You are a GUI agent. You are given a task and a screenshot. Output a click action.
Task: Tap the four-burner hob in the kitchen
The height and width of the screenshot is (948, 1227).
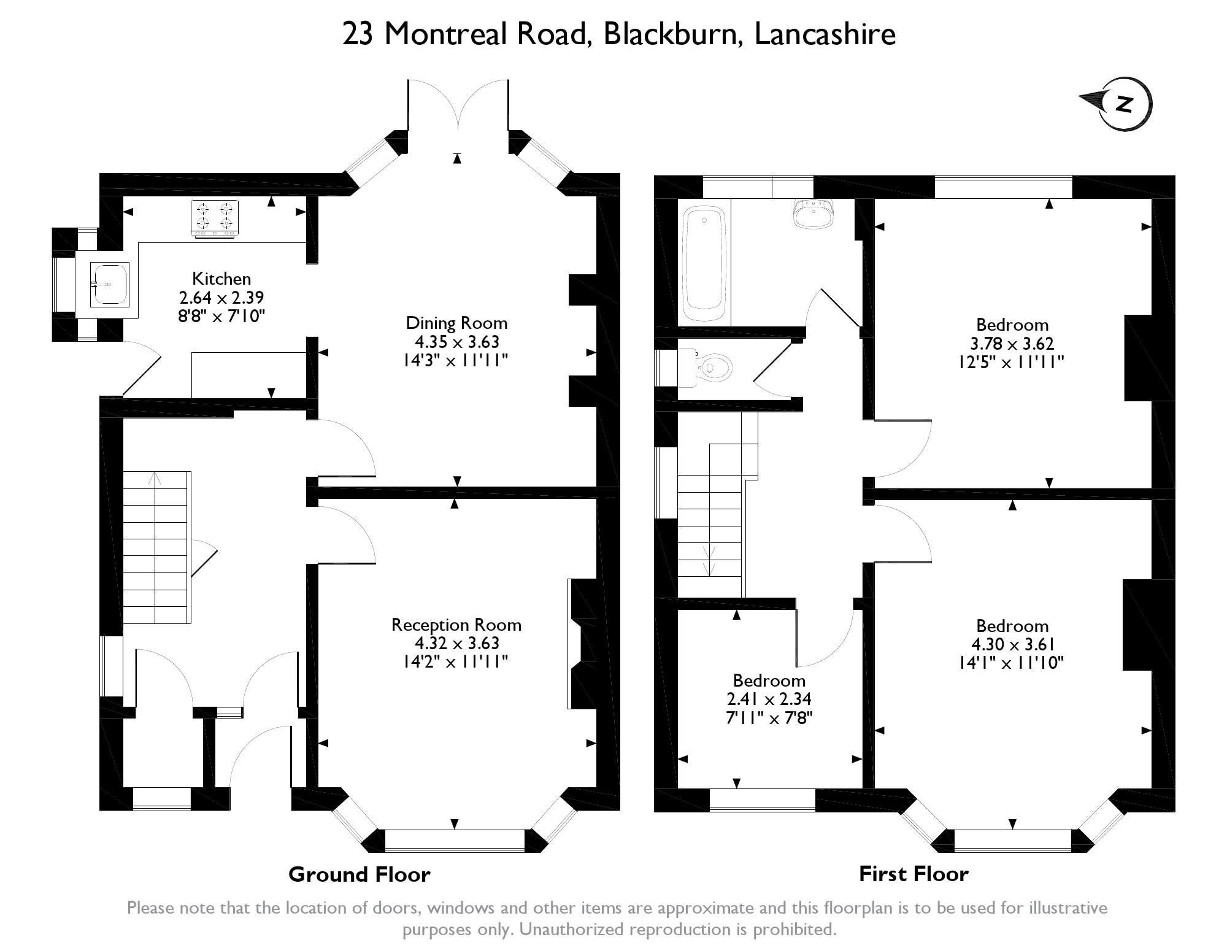(214, 218)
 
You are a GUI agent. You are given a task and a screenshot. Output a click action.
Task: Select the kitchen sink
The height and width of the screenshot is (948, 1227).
(110, 284)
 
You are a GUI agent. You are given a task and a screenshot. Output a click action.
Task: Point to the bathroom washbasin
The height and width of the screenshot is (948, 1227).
(814, 213)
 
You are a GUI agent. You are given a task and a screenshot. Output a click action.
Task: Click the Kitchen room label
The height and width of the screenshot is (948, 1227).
(221, 279)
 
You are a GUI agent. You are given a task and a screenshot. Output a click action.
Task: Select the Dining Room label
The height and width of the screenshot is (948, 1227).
(456, 323)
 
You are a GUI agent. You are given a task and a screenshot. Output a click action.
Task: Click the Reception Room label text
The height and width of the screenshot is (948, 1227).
(456, 625)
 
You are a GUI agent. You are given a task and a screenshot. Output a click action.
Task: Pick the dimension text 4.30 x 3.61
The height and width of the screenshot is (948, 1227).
(1013, 644)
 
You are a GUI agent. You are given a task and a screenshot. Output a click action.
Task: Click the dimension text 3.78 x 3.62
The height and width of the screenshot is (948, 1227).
(1012, 344)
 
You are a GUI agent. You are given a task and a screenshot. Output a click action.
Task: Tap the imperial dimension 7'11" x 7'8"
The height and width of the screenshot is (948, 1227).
(769, 717)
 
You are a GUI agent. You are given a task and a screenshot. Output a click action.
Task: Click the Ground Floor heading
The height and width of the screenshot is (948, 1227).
(360, 874)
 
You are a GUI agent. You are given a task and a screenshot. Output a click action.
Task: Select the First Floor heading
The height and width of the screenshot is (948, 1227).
(914, 874)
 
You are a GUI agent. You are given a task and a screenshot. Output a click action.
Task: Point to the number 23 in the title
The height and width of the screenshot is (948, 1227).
(358, 34)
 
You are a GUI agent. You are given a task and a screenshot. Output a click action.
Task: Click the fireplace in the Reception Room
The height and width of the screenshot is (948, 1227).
(583, 644)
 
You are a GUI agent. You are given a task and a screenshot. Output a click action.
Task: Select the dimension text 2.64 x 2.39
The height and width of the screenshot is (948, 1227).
(221, 298)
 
